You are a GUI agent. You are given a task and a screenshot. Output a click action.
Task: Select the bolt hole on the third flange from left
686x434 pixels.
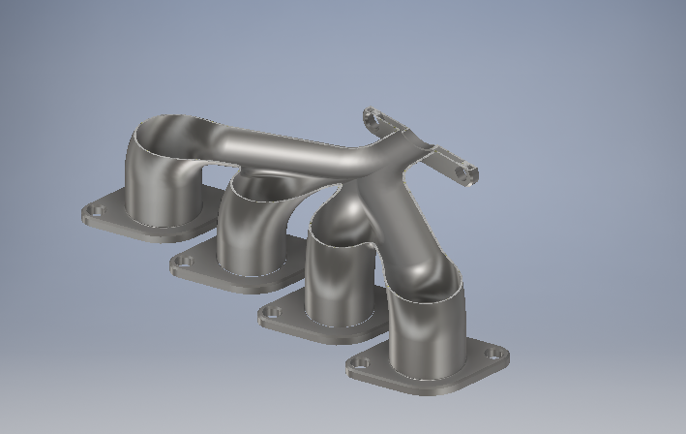(x=273, y=313)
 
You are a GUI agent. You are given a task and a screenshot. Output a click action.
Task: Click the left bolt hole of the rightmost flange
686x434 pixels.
(x=362, y=364)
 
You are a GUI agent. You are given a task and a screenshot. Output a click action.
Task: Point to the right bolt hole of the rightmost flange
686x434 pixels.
(x=495, y=356)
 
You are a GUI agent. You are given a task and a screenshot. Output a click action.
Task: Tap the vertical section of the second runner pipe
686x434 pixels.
(x=247, y=237)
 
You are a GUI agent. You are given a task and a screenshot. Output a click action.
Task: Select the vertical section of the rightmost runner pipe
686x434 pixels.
(x=426, y=334)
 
